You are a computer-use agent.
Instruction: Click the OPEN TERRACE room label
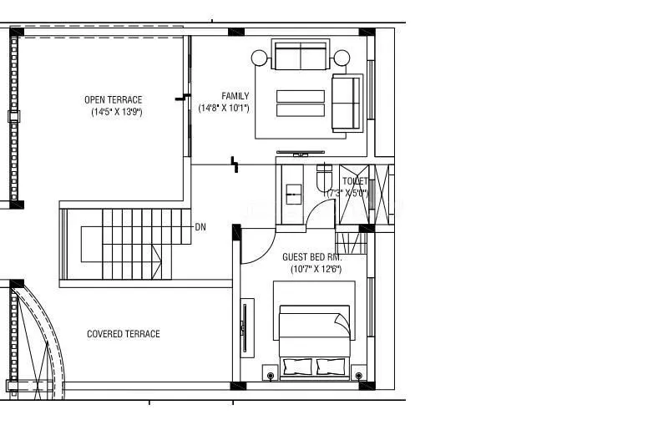tap(113, 100)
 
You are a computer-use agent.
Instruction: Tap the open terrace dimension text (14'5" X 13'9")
tap(117, 112)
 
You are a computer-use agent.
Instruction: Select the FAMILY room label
tap(235, 96)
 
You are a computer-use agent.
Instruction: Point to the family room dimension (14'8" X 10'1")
tap(224, 108)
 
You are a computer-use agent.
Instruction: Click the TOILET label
tap(355, 181)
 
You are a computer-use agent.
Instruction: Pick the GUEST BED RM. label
tap(311, 257)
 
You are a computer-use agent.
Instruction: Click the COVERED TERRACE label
tap(124, 334)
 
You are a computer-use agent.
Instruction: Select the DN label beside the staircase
tap(200, 227)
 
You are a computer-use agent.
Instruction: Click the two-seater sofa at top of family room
tap(301, 56)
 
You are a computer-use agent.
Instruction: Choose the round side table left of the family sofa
tap(260, 58)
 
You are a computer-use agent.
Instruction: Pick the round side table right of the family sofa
tap(342, 58)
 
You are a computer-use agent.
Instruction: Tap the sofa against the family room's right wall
tap(347, 102)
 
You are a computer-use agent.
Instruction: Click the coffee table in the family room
tap(301, 103)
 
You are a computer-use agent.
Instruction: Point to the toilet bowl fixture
tap(325, 177)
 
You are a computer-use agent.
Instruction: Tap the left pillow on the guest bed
tap(299, 365)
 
